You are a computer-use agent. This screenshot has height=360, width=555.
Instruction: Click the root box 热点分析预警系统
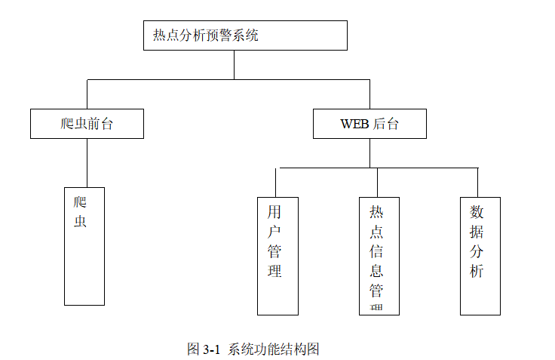245,35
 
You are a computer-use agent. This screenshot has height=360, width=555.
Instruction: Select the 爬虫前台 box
87,124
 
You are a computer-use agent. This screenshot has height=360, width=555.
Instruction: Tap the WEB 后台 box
369,124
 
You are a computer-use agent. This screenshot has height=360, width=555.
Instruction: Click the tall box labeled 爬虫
84,246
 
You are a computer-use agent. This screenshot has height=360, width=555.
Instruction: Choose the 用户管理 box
277,256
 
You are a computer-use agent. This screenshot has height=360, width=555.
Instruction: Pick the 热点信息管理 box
379,256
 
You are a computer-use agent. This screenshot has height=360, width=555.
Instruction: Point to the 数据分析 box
480,256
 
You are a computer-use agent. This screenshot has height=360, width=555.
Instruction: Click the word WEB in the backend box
354,125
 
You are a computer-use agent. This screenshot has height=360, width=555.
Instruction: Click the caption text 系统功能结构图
274,349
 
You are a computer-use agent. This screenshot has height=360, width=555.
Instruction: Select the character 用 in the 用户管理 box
275,210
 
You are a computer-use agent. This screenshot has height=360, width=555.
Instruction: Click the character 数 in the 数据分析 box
477,211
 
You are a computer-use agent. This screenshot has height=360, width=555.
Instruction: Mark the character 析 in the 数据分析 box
477,271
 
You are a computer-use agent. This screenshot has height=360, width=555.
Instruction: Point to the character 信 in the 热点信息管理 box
376,251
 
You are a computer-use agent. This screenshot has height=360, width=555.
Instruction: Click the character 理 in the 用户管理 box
275,271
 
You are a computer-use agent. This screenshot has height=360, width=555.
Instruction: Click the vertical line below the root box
234,65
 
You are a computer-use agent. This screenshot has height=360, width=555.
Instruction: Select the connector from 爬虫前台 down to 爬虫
87,163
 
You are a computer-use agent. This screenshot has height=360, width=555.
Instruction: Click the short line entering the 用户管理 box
276,183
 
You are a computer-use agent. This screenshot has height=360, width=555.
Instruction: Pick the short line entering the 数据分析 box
477,183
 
